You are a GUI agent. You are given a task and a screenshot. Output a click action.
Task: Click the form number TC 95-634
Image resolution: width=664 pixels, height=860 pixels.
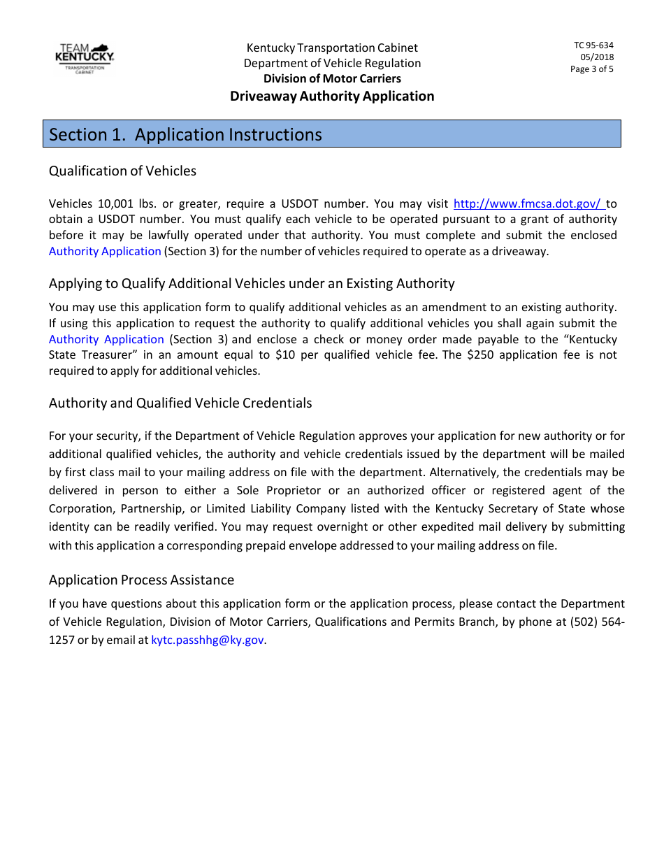593,45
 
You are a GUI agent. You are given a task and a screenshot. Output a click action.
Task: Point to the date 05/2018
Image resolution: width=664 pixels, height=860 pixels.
597,57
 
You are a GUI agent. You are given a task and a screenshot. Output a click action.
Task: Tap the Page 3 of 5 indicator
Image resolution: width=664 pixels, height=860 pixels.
591,69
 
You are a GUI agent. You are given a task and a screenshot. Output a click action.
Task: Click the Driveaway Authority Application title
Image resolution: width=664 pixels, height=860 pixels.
332,96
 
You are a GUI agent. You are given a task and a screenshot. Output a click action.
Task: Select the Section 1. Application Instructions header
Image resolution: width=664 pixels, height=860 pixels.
186,134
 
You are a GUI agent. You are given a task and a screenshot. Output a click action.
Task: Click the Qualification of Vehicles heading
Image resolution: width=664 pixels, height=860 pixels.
122,171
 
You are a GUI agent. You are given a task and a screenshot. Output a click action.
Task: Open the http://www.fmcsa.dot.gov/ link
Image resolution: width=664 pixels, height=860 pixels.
528,204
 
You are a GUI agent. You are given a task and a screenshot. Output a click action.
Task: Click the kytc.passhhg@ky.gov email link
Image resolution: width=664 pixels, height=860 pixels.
208,639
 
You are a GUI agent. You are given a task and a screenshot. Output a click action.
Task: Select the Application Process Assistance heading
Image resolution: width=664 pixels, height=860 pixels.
141,580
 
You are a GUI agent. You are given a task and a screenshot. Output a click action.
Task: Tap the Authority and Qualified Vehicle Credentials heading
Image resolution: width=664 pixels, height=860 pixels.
180,403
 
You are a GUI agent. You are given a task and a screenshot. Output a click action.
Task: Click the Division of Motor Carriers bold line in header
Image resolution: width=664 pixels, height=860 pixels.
332,79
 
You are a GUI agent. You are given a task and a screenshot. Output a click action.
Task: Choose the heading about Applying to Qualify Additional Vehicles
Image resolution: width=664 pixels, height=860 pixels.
252,284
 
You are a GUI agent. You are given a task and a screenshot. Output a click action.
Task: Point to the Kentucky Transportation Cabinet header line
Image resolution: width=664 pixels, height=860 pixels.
332,48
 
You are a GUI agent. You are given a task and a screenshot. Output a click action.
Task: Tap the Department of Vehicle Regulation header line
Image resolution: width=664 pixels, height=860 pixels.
332,64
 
